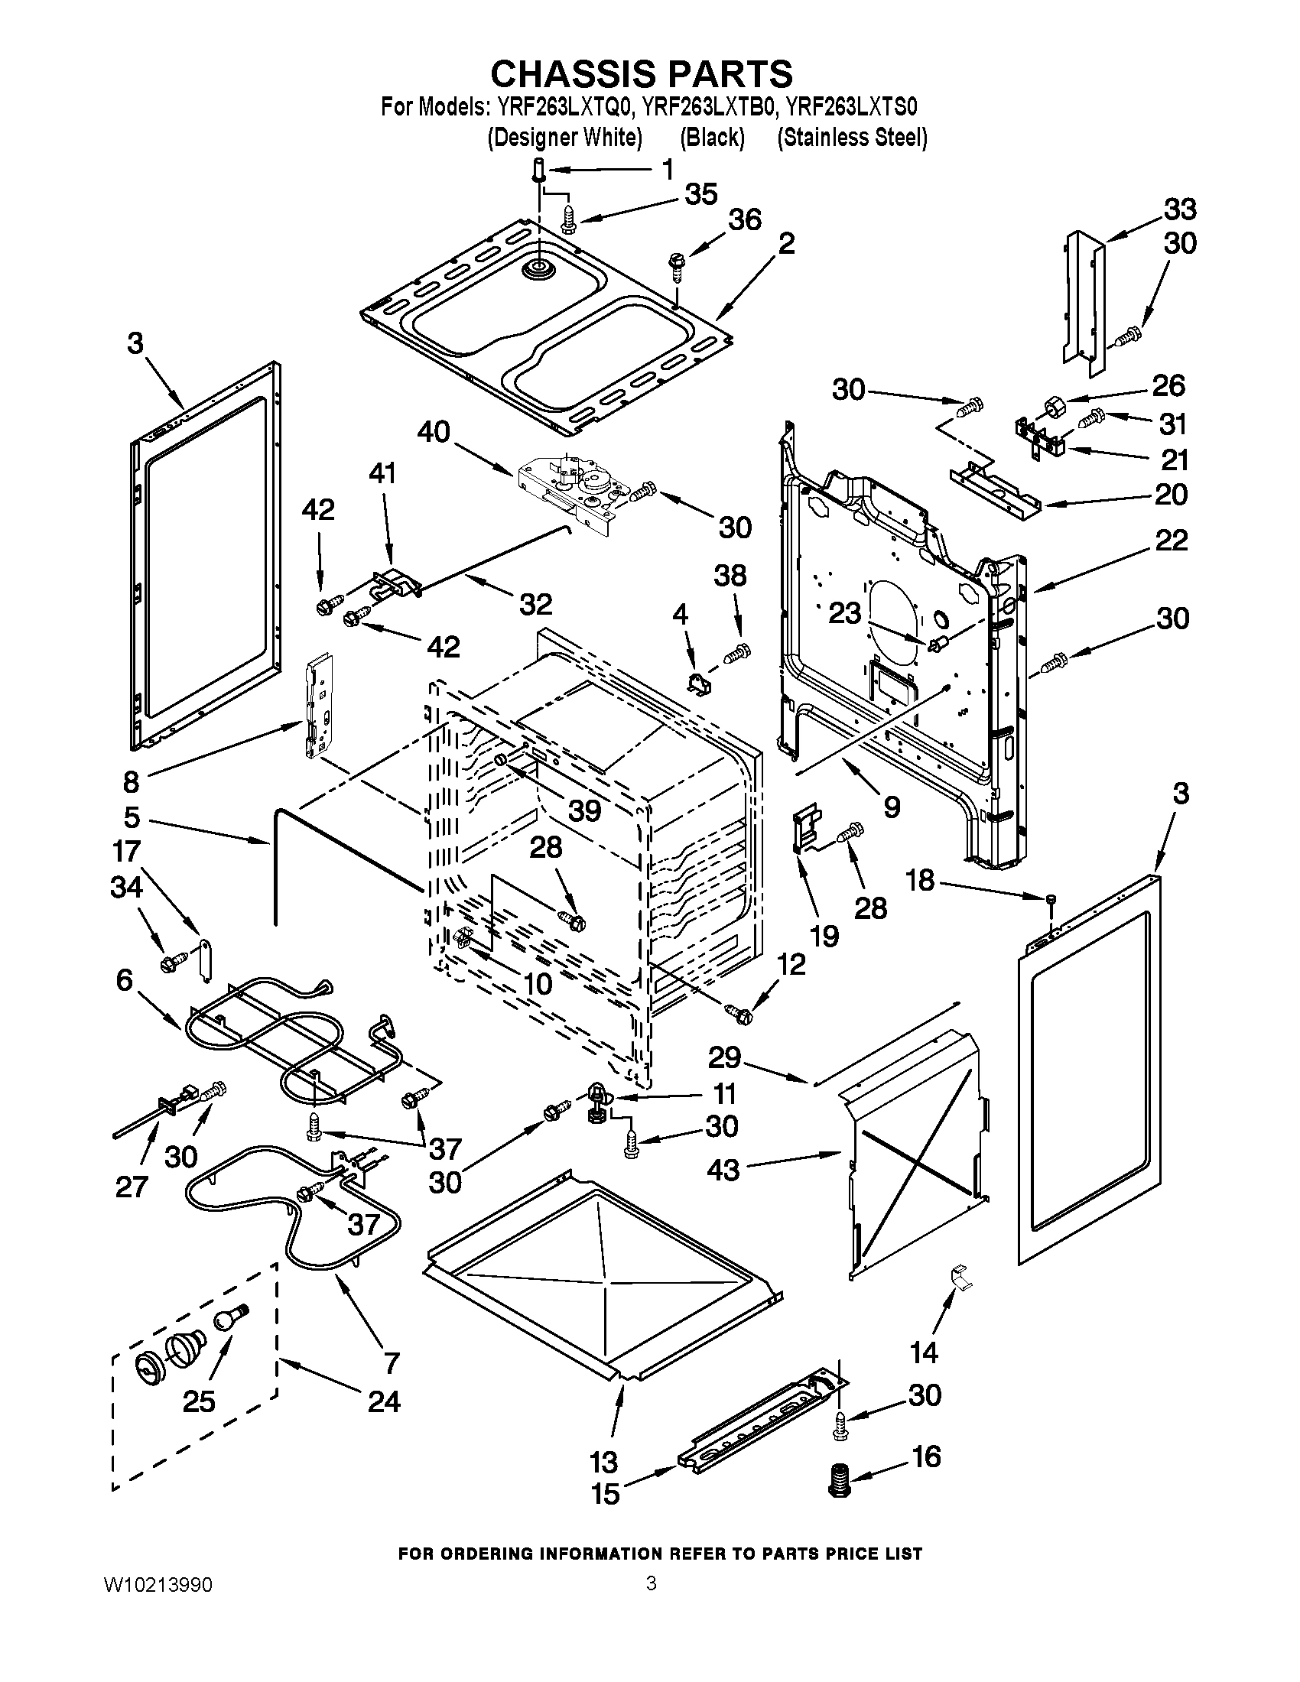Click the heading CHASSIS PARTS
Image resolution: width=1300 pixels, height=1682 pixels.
pyautogui.click(x=642, y=74)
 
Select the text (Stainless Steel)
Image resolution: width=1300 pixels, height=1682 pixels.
pyautogui.click(x=852, y=138)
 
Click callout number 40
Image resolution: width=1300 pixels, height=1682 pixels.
pyautogui.click(x=434, y=432)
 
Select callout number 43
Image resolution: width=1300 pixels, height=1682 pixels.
pyautogui.click(x=723, y=1170)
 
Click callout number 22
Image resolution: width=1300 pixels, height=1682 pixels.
pyautogui.click(x=1172, y=540)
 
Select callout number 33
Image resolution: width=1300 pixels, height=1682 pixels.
pyautogui.click(x=1179, y=209)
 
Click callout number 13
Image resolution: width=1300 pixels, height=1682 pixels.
pyautogui.click(x=605, y=1462)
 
